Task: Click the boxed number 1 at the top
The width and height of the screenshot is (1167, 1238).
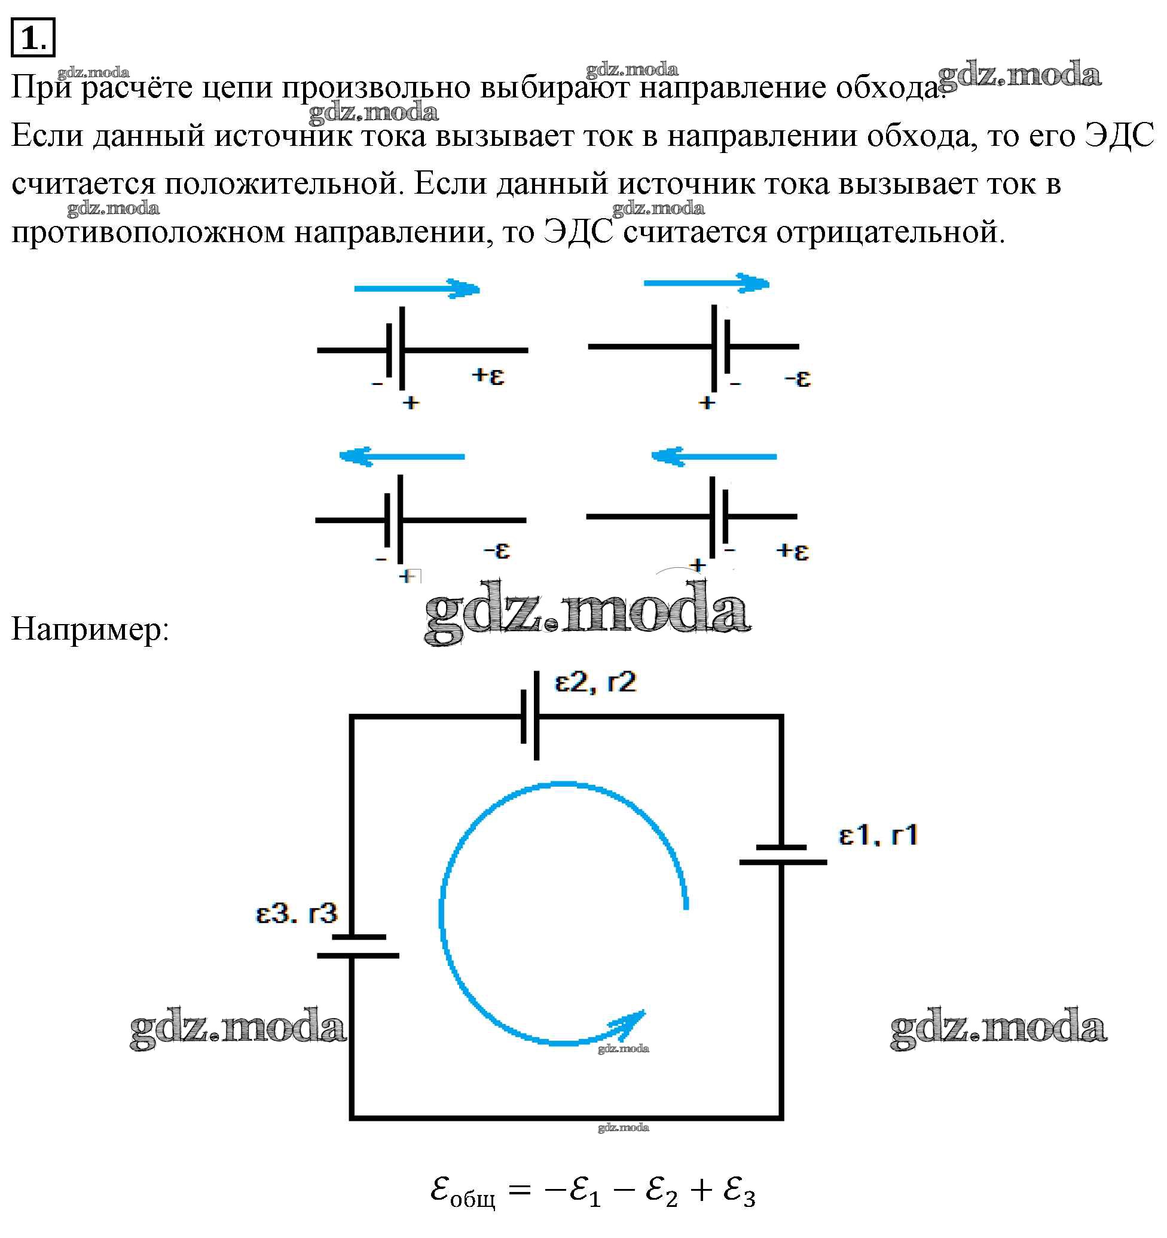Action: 32,38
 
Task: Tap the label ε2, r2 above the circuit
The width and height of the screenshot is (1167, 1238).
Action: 595,683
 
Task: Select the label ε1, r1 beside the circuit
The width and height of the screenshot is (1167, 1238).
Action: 878,835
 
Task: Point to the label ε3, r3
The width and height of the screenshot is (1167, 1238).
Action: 297,913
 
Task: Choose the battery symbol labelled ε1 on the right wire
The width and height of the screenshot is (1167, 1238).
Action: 783,854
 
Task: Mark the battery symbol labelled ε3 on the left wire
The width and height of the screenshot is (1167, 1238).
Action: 358,946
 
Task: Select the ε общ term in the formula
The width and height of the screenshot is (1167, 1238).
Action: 462,1191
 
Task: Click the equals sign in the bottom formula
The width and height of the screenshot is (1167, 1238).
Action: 520,1190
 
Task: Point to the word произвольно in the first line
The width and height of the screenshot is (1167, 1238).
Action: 376,87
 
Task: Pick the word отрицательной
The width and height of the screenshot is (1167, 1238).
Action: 889,233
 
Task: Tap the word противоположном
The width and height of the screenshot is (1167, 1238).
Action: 148,233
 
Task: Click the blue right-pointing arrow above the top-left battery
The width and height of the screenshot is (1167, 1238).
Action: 417,289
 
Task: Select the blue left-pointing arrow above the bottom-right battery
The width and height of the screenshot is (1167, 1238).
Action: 714,457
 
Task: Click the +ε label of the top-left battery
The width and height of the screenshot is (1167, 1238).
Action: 488,376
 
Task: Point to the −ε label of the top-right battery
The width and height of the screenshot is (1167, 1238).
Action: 798,378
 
